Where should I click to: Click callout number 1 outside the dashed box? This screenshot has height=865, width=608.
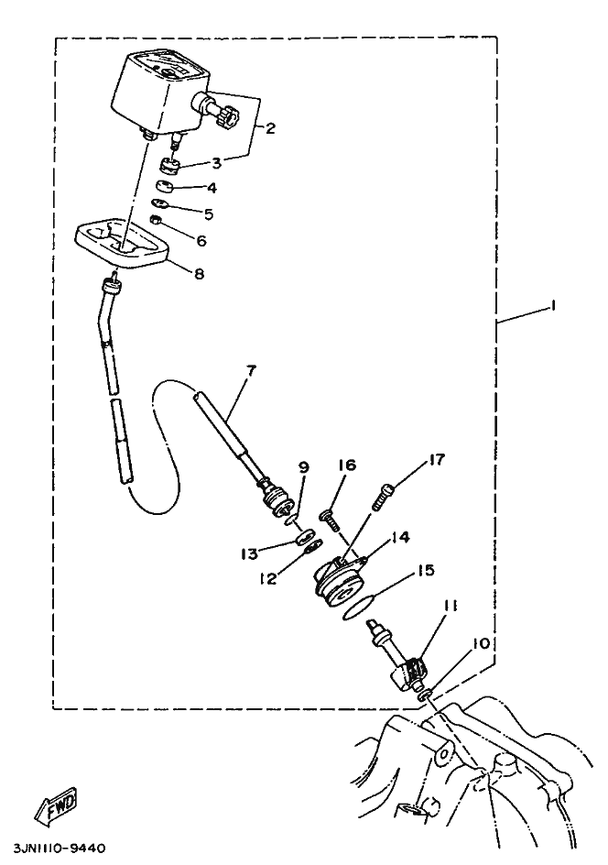coord(554,307)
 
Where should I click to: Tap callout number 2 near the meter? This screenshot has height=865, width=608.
coord(270,128)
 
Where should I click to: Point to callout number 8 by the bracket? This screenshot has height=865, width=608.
coord(199,272)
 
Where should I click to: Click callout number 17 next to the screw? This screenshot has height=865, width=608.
coord(437,458)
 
